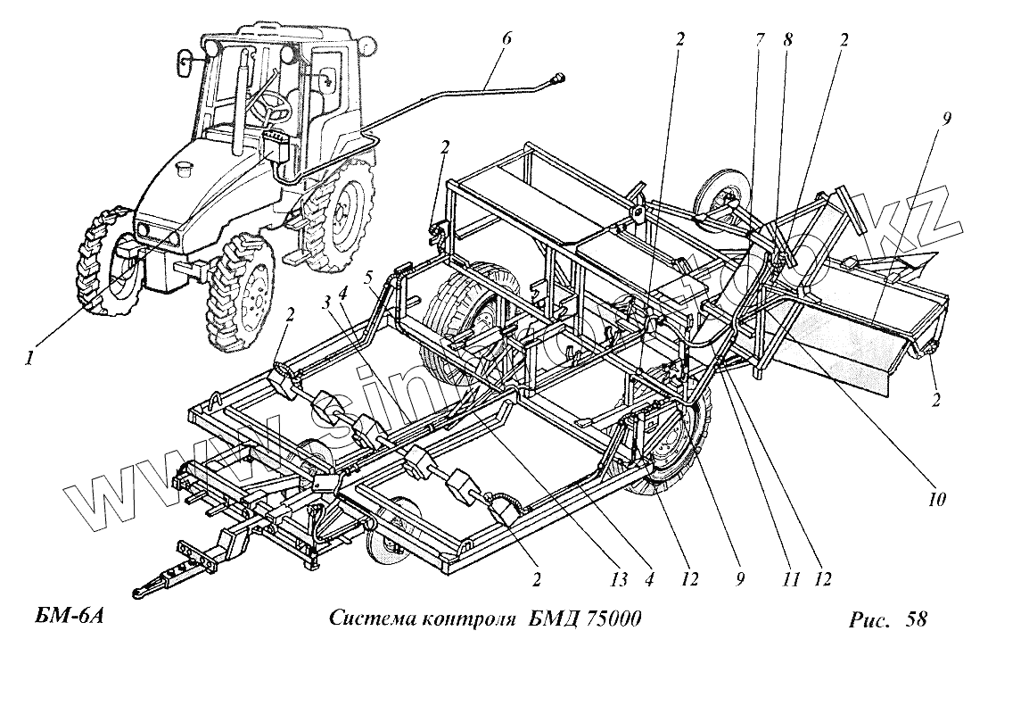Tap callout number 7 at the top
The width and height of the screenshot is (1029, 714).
click(x=759, y=40)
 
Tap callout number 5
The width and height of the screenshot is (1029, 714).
click(x=370, y=278)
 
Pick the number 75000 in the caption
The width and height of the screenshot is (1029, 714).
click(x=613, y=619)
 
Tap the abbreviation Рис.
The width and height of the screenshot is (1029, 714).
click(x=870, y=619)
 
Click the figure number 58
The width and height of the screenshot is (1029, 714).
click(x=916, y=619)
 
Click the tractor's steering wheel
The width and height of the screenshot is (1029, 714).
click(x=273, y=107)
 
